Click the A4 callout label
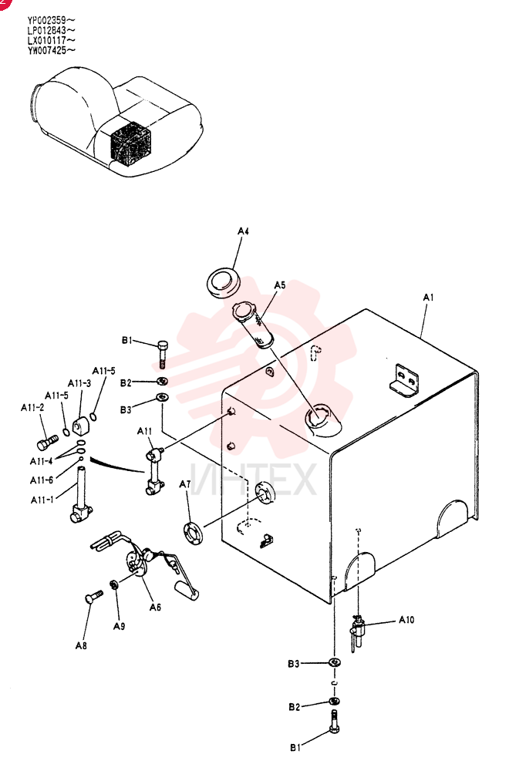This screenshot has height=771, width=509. pos(243,231)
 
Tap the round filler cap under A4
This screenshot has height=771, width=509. pos(222,281)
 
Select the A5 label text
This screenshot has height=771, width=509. pos(280,285)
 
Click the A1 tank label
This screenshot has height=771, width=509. pos(428,297)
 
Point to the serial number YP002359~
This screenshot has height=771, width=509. pos(51,21)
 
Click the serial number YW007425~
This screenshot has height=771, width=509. pos(51,50)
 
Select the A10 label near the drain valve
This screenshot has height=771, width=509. pos(406,620)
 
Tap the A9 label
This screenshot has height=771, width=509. pos(119,626)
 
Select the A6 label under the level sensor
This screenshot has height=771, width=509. pos(155,608)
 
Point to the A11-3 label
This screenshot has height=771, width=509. pos(79,383)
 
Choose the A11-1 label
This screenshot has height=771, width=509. pos(42,500)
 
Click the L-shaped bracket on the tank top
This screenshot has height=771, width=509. pos(404,381)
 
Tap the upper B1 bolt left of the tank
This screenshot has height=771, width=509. pos(163,354)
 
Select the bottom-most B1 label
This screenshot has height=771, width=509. pos(295,747)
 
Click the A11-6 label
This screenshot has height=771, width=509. pos(42,480)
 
